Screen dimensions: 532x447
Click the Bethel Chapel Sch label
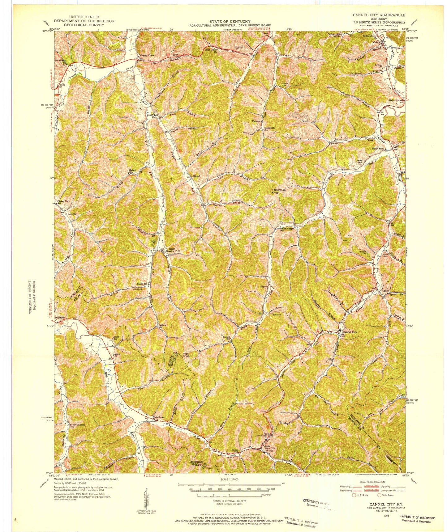click(286, 229)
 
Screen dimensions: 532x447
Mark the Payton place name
click(264, 287)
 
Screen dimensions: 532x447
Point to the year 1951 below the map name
click(385, 516)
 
